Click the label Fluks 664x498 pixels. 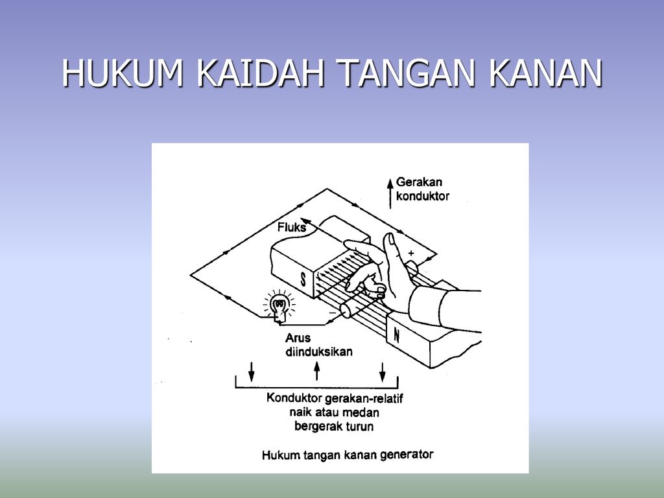292,228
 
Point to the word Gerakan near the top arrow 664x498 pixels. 419,183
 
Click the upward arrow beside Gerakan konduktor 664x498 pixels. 390,191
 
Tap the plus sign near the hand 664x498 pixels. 411,253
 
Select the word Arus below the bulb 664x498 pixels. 298,338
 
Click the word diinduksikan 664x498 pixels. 318,351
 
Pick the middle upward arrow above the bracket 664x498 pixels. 316,371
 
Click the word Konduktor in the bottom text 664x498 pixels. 294,398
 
